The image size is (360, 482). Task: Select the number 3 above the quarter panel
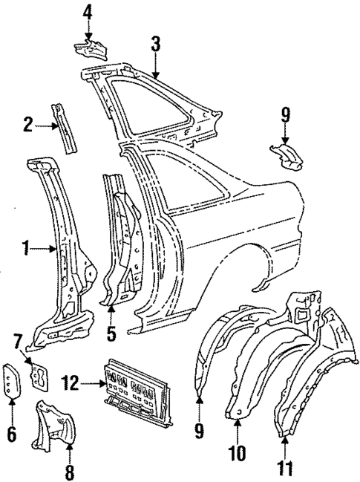[155, 44]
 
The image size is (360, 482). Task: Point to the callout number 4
[88, 13]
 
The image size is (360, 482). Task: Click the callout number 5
[111, 333]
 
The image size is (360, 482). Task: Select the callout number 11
[285, 469]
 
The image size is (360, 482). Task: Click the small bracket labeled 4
[89, 51]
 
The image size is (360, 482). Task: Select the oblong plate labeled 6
[12, 382]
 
